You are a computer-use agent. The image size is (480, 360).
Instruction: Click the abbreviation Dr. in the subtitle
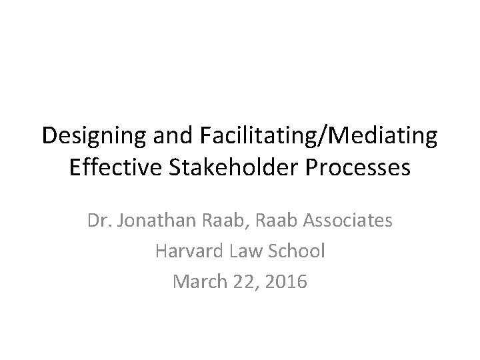[x=98, y=219]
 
